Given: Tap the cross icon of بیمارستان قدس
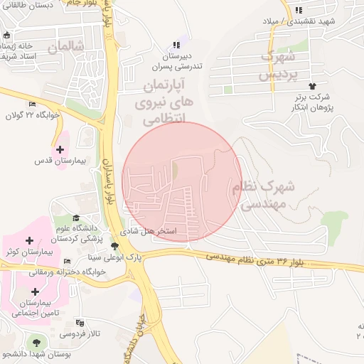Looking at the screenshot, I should click(60, 150).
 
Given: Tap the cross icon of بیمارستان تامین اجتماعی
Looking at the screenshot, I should click(36, 291).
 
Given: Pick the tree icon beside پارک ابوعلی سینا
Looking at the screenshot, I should click(116, 246).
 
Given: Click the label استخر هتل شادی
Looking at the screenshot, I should click(156, 232).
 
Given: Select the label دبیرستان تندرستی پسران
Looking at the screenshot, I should click(176, 61).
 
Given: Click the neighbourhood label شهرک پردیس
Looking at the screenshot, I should click(275, 64).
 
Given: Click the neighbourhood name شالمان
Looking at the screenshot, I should click(65, 47).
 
